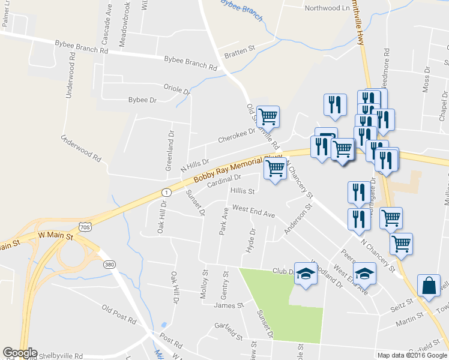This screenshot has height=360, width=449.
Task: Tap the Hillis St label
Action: tap(243, 192)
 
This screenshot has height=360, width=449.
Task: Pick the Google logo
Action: tap(20, 353)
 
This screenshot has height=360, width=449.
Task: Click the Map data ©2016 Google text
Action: tap(412, 355)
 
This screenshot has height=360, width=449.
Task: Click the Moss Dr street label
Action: tap(427, 79)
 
